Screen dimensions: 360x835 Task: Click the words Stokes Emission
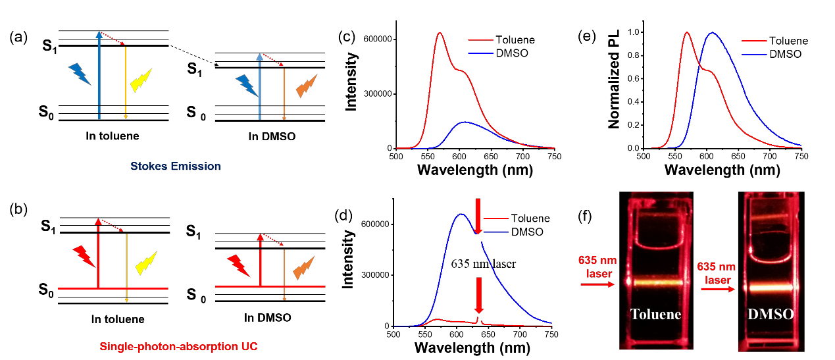pos(175,167)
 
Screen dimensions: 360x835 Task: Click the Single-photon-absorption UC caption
pos(178,346)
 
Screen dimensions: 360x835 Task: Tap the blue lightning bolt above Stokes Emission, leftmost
pos(80,74)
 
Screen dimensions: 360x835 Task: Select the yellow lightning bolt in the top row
pos(141,80)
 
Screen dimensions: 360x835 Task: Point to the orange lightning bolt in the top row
pos(307,86)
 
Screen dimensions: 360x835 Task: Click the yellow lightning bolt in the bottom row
pos(146,263)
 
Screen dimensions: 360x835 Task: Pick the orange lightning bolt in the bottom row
pos(303,267)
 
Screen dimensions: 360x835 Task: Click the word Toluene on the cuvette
pos(655,314)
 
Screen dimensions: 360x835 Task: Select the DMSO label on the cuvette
pos(771,315)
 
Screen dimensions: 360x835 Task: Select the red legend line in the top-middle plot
pos(480,40)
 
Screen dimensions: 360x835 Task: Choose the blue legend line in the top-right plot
pos(754,53)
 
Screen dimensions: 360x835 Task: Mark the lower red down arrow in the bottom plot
pos(478,295)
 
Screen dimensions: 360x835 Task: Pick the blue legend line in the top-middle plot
pos(480,53)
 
